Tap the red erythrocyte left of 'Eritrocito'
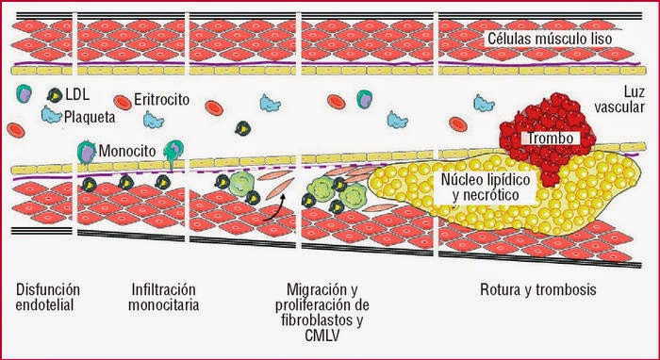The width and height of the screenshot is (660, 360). (x=123, y=100)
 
